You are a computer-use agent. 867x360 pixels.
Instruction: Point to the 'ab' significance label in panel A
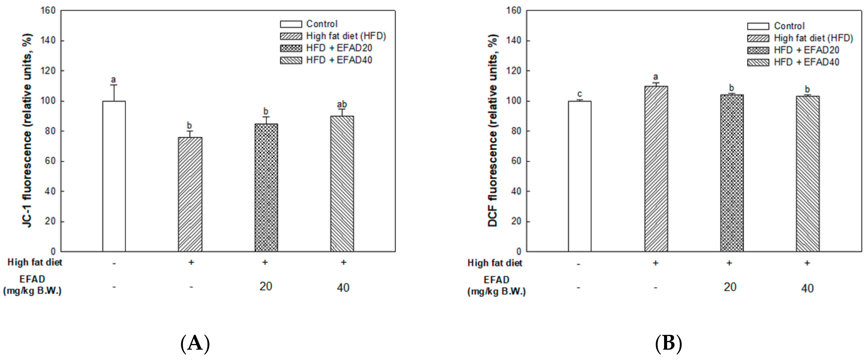coord(342,104)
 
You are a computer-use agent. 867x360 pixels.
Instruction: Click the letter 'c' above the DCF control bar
coord(579,94)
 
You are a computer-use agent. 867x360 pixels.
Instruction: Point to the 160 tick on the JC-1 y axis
coord(48,11)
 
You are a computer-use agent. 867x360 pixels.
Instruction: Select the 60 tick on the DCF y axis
coord(514,161)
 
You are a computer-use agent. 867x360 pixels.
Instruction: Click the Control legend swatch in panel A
coord(291,24)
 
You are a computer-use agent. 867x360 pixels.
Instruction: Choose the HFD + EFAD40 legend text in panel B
coord(806,62)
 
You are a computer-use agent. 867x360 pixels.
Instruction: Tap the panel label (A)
coord(195,344)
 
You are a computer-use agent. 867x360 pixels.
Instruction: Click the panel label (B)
coord(668,344)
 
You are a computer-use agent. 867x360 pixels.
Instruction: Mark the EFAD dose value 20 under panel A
coord(266,286)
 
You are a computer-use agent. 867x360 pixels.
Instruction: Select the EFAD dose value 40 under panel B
coord(807,288)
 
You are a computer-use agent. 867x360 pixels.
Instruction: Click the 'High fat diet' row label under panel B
coord(494,263)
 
